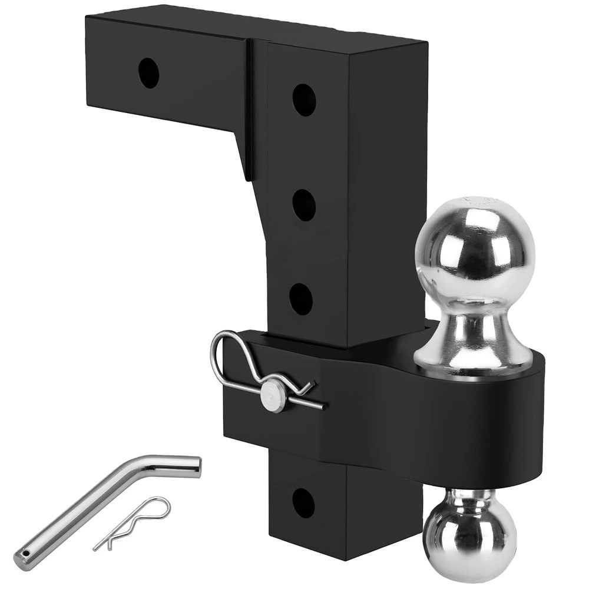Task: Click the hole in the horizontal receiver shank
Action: pos(149,72)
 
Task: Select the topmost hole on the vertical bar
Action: pos(304,100)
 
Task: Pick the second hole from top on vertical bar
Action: pos(304,205)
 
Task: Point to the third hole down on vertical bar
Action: pos(302,298)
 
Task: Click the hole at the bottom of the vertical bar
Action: pos(303,502)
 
